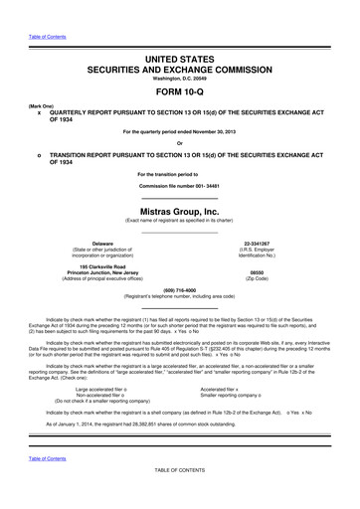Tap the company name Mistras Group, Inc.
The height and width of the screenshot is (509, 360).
pyautogui.click(x=180, y=212)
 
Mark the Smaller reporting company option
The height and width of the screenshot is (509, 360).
pyautogui.click(x=235, y=396)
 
